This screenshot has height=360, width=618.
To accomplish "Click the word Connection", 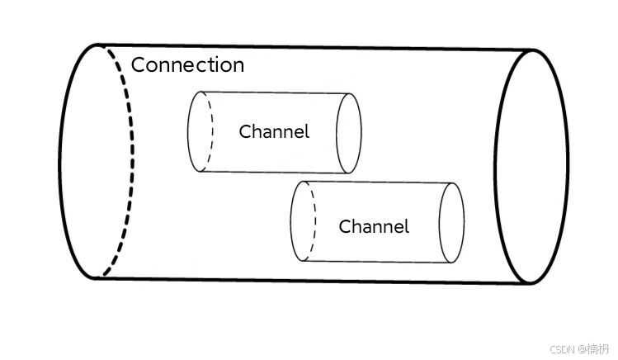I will (x=188, y=65).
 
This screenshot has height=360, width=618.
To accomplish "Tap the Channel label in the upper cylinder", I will (x=274, y=131).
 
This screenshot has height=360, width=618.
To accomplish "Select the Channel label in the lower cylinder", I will (x=374, y=226).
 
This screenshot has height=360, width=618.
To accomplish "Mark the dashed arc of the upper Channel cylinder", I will (x=210, y=132).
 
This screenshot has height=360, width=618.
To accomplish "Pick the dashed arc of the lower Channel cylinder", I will (x=313, y=221).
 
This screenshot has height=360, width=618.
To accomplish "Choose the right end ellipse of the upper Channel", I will (x=349, y=132).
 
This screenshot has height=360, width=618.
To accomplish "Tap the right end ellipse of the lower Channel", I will (x=451, y=222).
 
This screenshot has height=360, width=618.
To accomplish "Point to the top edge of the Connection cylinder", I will (x=314, y=48).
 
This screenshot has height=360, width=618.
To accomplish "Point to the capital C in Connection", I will (x=139, y=65).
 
